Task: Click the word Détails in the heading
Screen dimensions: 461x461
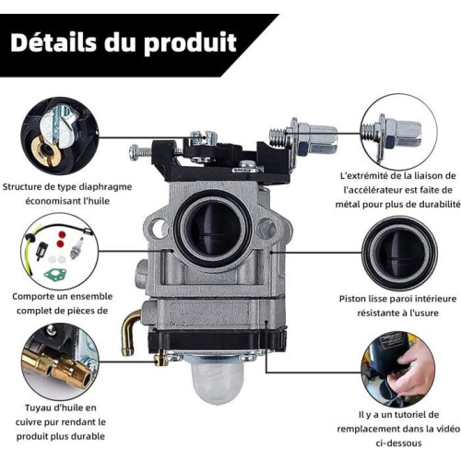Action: coord(53,42)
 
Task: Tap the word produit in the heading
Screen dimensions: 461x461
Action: coord(191,43)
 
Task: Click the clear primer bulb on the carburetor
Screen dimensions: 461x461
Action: coord(218,382)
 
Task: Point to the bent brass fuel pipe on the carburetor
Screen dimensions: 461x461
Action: coord(130,333)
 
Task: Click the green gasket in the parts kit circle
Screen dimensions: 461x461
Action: coord(58,274)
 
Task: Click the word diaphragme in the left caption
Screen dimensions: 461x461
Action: coord(105,187)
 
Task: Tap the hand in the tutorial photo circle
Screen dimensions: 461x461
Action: coord(408,372)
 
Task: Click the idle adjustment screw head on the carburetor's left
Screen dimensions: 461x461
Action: coord(136,152)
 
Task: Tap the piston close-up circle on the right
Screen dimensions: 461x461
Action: coord(399,253)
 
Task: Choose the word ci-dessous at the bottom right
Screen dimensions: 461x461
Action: coord(398,443)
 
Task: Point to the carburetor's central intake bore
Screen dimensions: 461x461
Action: coord(213,229)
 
